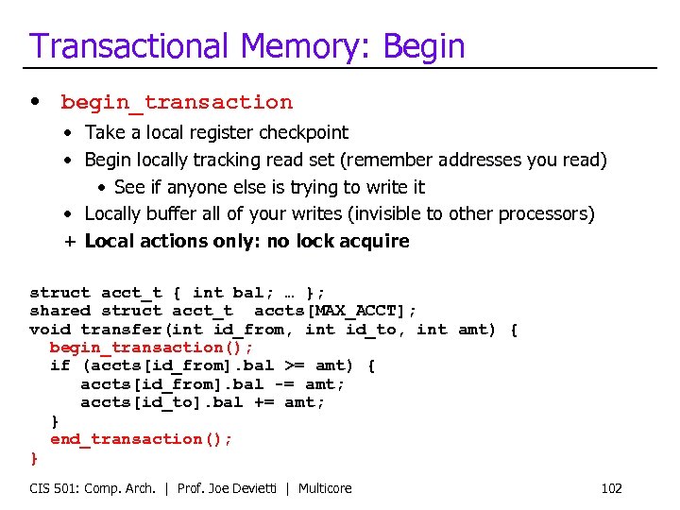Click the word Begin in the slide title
(426, 45)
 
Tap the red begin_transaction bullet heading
(177, 102)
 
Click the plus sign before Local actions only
(70, 242)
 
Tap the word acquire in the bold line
(374, 242)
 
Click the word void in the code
(50, 330)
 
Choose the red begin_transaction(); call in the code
(151, 348)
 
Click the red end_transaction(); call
(141, 439)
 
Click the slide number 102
(611, 488)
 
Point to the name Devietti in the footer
(258, 488)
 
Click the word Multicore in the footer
(325, 488)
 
